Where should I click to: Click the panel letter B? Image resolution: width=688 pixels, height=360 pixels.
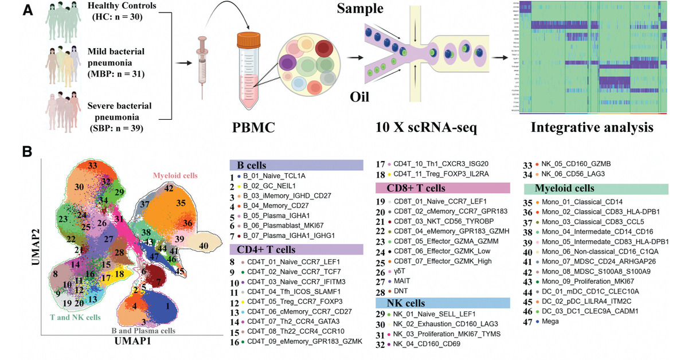click(x=27, y=152)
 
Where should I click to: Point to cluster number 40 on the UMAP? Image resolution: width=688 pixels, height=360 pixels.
click(x=204, y=246)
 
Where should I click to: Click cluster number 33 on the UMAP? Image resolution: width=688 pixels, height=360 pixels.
click(x=92, y=166)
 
